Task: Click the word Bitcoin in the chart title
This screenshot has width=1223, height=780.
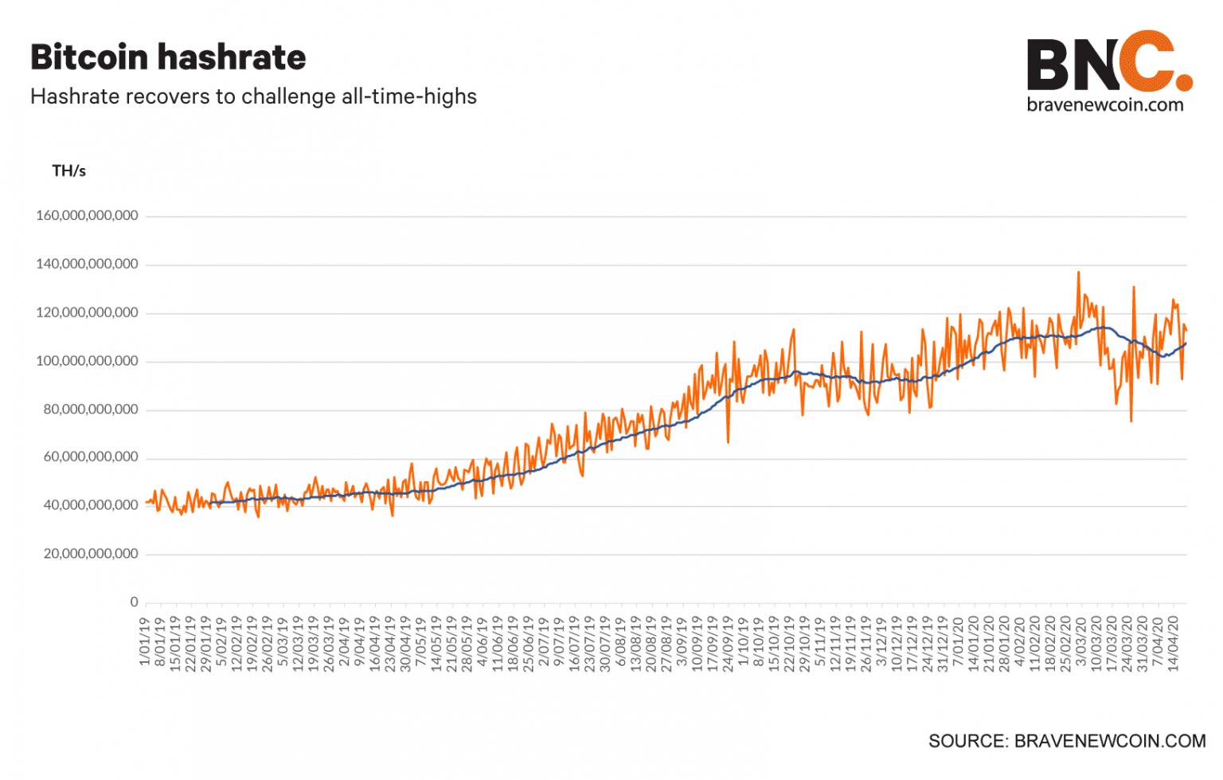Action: point(89,57)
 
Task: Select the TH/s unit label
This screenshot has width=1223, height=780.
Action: point(68,171)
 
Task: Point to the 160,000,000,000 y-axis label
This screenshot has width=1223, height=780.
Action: point(87,215)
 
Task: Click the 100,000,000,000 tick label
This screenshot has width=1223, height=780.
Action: point(87,361)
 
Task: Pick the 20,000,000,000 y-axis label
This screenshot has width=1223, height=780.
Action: point(91,554)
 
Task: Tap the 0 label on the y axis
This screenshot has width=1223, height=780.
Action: point(134,602)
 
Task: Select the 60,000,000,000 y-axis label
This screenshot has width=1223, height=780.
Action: point(91,457)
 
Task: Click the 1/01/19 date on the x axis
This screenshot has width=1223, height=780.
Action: point(145,641)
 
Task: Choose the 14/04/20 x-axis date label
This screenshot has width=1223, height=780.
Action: point(1173,644)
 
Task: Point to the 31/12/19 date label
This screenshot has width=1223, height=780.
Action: point(943,644)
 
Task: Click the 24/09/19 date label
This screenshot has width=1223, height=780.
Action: point(727,644)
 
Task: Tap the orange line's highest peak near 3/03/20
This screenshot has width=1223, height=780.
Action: point(1078,272)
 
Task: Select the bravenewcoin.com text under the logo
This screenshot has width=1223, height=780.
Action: point(1105,104)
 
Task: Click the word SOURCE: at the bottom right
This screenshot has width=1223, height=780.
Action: point(968,741)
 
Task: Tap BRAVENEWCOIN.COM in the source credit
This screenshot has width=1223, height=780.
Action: point(1110,741)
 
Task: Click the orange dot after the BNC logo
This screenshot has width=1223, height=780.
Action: point(1184,81)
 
